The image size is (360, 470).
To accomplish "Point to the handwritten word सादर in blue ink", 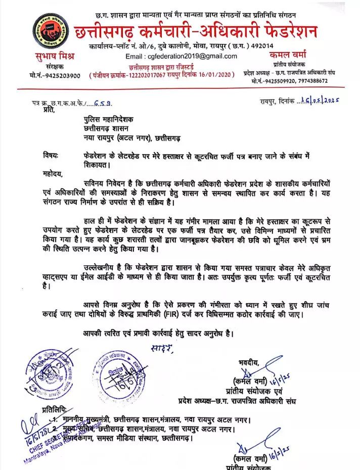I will [162, 348].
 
